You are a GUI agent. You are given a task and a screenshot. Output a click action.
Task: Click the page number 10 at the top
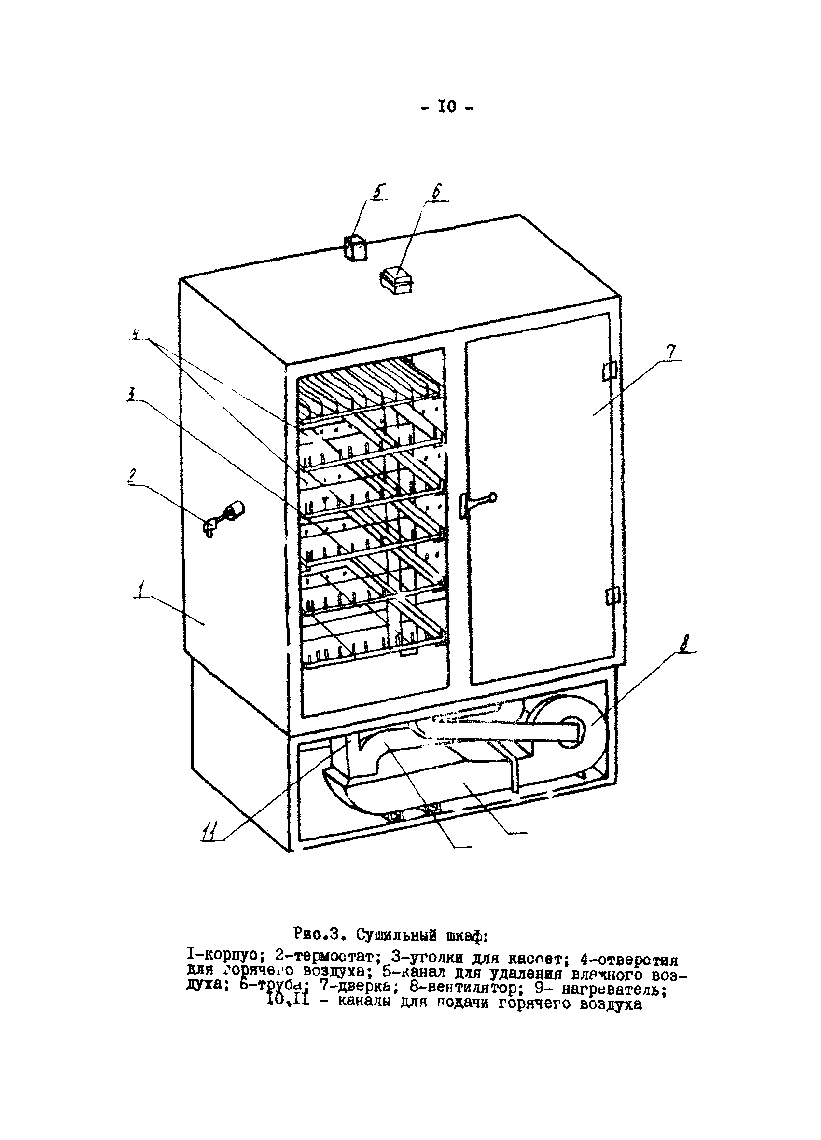(447, 107)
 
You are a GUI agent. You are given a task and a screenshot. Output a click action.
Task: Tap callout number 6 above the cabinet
(436, 192)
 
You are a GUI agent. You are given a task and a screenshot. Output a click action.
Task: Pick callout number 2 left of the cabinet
(132, 475)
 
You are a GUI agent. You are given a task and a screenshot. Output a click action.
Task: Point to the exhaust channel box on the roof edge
(355, 248)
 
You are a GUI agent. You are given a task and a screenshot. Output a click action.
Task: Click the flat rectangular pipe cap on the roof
(396, 280)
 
